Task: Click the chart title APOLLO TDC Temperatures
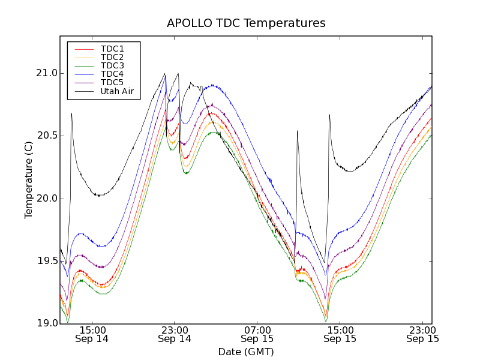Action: click(246, 23)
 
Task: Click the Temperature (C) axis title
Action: click(28, 179)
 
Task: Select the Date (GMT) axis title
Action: click(246, 352)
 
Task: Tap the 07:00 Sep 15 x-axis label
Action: click(257, 334)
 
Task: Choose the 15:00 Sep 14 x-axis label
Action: click(92, 334)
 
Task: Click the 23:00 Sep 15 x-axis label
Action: click(422, 334)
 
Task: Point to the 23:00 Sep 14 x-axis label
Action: click(175, 334)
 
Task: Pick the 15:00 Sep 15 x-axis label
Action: click(340, 334)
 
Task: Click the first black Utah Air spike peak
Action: click(71, 113)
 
